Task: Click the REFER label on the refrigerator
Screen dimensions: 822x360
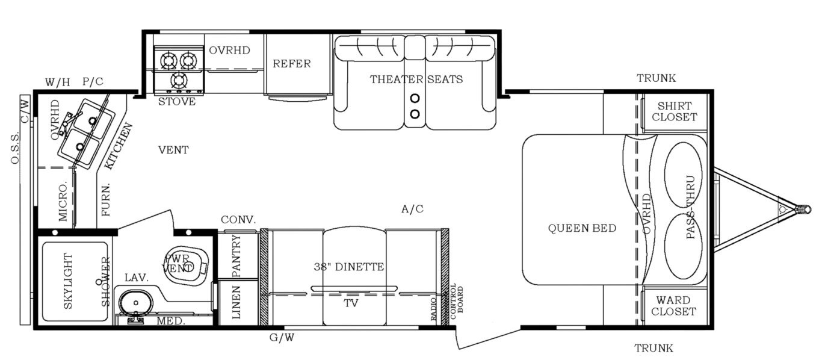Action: pyautogui.click(x=292, y=64)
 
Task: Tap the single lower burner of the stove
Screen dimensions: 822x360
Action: pyautogui.click(x=179, y=80)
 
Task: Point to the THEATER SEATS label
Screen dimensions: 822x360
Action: pyautogui.click(x=416, y=79)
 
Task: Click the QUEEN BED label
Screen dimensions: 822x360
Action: pyautogui.click(x=582, y=228)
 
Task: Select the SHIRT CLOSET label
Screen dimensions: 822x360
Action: pyautogui.click(x=675, y=111)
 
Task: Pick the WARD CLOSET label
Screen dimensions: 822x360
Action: pyautogui.click(x=674, y=306)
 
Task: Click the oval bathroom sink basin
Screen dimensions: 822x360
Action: pyautogui.click(x=136, y=303)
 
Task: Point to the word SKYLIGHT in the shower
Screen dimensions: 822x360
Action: pyautogui.click(x=68, y=281)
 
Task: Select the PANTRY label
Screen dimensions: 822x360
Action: pyautogui.click(x=236, y=256)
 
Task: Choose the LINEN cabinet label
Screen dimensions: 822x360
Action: pyautogui.click(x=236, y=302)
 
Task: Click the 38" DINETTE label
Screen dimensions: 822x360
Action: pyautogui.click(x=349, y=267)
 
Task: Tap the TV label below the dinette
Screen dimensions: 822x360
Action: pyautogui.click(x=351, y=303)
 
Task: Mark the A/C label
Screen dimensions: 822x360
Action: pyautogui.click(x=412, y=209)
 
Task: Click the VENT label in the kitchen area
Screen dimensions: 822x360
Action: pyautogui.click(x=173, y=150)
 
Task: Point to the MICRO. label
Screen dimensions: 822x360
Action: pyautogui.click(x=63, y=200)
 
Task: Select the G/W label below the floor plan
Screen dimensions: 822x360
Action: pyautogui.click(x=282, y=337)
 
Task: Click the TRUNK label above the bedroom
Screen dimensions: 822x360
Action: pyautogui.click(x=656, y=78)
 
